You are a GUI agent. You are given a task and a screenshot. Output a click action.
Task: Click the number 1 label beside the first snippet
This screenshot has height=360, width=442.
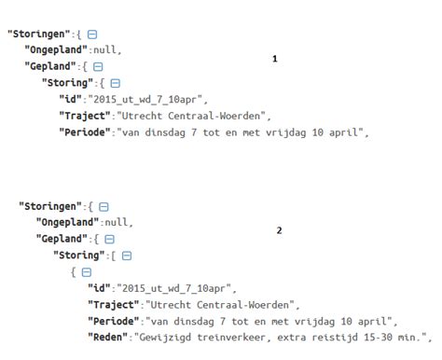(274, 59)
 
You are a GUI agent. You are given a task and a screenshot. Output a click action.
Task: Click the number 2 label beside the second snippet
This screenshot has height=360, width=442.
(279, 230)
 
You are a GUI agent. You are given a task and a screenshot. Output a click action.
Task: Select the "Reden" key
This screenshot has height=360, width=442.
(110, 337)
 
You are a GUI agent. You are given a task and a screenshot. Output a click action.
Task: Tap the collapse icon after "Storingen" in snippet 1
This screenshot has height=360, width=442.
(91, 33)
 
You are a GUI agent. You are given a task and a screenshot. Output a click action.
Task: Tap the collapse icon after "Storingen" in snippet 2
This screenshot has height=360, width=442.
(104, 206)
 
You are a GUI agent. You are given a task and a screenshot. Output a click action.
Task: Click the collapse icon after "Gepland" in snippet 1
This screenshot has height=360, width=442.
(99, 66)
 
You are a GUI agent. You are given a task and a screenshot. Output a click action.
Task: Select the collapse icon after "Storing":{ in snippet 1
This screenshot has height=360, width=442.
(115, 83)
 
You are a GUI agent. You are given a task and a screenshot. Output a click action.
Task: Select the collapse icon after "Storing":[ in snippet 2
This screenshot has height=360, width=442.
(126, 256)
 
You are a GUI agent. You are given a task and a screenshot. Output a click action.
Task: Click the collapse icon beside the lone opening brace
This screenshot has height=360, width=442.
(87, 272)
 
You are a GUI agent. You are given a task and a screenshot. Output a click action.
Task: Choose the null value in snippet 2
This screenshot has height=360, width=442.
(118, 223)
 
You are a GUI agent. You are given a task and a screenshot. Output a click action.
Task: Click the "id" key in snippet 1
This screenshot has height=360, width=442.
(70, 100)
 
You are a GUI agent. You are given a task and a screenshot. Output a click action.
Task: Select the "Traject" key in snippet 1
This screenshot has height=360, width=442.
(85, 117)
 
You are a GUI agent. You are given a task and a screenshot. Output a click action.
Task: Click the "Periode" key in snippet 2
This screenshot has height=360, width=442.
(113, 321)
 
